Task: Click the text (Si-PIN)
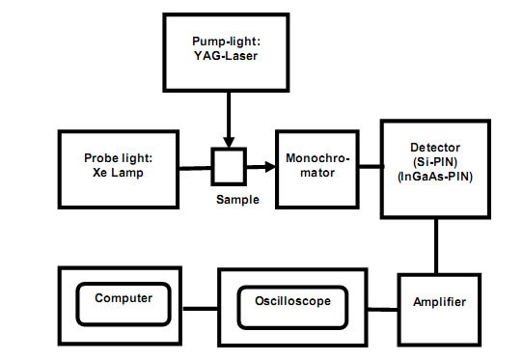pos(435,161)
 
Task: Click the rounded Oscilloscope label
pos(291,301)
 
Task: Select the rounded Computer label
pos(124,298)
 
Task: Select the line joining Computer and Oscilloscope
pos(200,309)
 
